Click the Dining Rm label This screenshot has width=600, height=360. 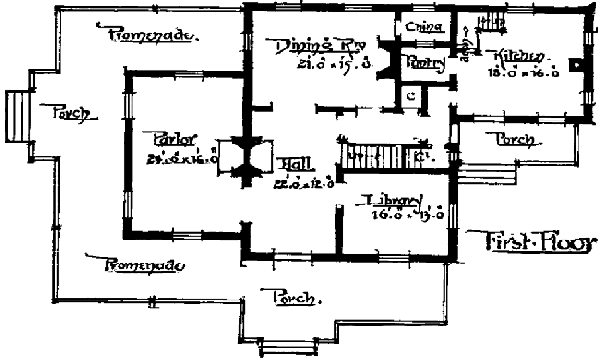click(x=310, y=46)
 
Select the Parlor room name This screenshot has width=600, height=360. click(x=173, y=138)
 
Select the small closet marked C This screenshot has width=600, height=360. click(x=411, y=95)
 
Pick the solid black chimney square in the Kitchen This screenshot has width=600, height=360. click(x=578, y=64)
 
